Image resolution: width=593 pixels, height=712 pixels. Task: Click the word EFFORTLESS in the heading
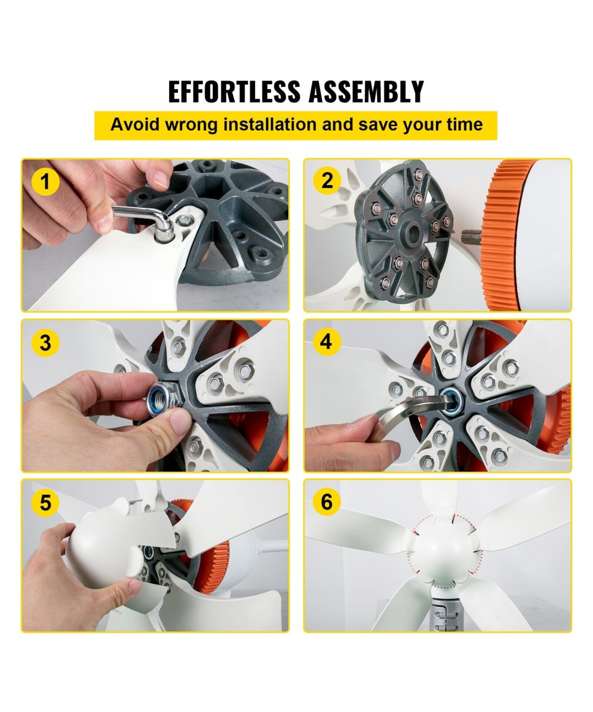click(x=235, y=91)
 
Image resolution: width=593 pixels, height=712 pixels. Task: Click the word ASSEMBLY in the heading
click(x=366, y=91)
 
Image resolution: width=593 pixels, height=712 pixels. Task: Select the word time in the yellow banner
click(x=465, y=124)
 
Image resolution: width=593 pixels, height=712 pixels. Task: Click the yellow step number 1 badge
click(x=45, y=182)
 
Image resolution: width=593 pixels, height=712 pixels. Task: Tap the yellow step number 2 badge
click(x=327, y=180)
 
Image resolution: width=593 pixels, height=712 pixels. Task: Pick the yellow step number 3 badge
click(x=45, y=342)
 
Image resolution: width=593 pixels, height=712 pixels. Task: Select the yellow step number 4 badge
click(x=326, y=341)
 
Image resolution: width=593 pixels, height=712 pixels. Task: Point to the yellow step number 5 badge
click(x=45, y=503)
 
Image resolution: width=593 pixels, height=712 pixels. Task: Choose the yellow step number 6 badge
click(x=327, y=501)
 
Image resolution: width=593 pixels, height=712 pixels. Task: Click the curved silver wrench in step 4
click(x=412, y=408)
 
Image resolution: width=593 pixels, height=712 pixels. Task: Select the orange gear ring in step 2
click(x=505, y=236)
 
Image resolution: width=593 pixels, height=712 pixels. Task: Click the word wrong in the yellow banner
click(x=191, y=125)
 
